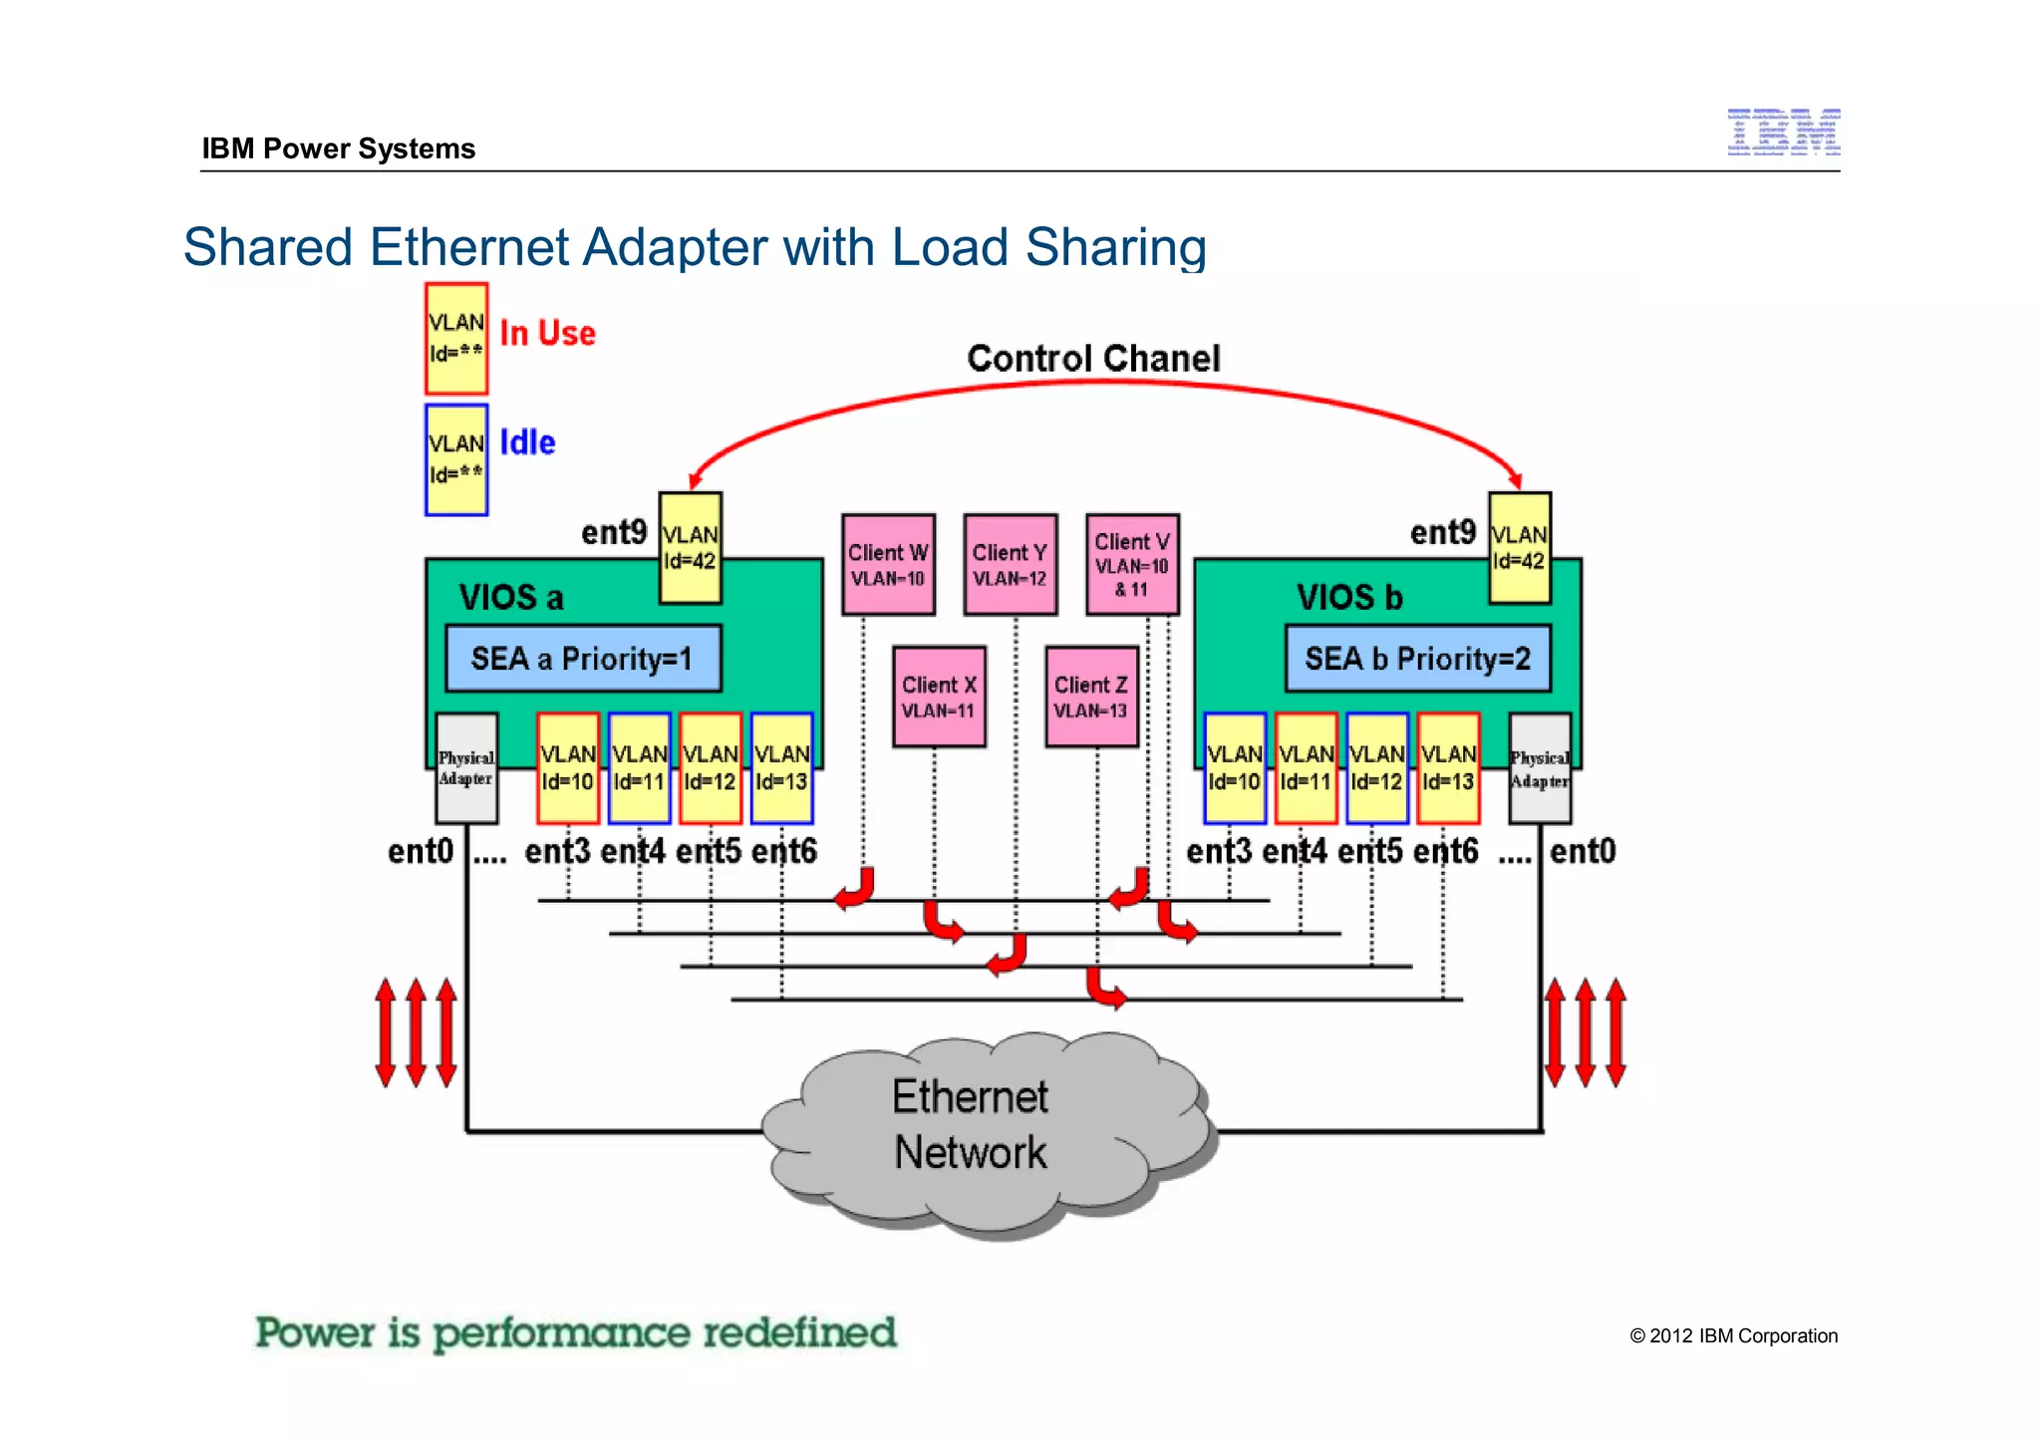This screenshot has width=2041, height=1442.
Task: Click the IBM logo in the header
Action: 1783,132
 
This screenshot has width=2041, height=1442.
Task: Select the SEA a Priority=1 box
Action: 583,659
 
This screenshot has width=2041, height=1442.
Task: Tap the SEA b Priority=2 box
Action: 1417,659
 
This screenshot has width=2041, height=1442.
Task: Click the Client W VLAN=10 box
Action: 888,565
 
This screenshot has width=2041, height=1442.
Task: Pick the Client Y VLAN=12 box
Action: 1010,565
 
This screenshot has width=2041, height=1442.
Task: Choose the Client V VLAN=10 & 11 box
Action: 1132,565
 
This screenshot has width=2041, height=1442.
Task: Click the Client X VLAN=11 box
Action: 939,697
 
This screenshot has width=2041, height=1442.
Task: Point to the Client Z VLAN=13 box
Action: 1091,697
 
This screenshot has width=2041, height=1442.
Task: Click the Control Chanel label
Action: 1093,359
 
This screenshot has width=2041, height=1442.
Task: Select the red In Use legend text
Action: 547,333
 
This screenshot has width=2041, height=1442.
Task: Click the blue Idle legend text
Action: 527,442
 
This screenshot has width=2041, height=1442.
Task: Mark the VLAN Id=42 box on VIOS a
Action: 690,548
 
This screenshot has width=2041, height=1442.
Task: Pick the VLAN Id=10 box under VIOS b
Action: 1234,768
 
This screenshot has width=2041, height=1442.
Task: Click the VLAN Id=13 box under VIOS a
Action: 781,768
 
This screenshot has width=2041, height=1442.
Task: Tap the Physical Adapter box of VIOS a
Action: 466,768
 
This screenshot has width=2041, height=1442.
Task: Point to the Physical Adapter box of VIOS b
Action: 1539,768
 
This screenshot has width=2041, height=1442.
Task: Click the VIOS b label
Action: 1349,598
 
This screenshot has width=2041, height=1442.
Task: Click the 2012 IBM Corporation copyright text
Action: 1733,1336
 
